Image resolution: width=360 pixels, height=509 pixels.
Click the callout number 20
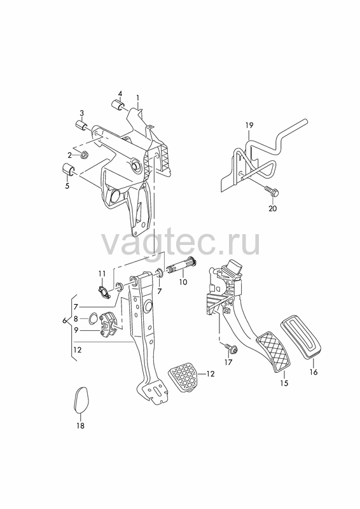tap(273, 209)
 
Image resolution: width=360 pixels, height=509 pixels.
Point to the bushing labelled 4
tap(117, 105)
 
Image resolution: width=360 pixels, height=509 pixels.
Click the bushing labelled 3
tap(81, 125)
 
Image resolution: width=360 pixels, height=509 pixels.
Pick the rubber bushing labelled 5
tap(68, 169)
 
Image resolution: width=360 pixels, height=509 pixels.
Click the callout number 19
tap(249, 125)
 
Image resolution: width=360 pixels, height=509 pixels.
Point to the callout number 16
tap(314, 372)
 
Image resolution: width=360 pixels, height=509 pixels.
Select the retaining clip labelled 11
tap(104, 291)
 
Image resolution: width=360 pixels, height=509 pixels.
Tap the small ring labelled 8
tap(92, 319)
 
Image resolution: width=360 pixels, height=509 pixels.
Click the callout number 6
tap(65, 321)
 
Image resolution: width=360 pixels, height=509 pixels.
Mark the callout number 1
tap(137, 97)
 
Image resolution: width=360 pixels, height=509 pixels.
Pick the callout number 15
tap(284, 384)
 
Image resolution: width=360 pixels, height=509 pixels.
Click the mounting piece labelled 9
tap(110, 324)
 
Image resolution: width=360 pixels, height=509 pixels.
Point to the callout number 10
tap(183, 282)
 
